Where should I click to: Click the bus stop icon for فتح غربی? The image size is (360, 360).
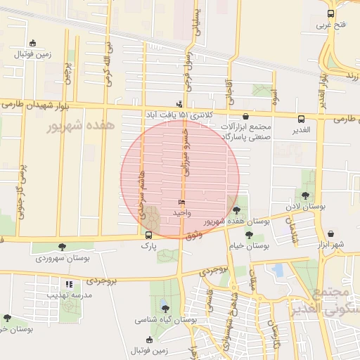[x=330, y=13]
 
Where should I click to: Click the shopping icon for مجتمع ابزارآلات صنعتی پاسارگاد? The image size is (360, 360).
[x=245, y=117]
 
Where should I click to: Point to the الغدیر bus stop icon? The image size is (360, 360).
[x=301, y=119]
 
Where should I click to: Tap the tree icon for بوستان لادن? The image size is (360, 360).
[x=305, y=195]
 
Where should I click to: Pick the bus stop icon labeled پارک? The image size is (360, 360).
[x=148, y=236]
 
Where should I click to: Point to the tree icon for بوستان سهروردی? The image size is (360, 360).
[x=62, y=247]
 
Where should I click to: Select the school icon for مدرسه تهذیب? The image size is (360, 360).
[x=69, y=284]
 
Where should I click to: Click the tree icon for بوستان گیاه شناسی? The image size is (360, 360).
[x=165, y=307]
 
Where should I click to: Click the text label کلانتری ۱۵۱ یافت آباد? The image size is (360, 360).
[x=158, y=115]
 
